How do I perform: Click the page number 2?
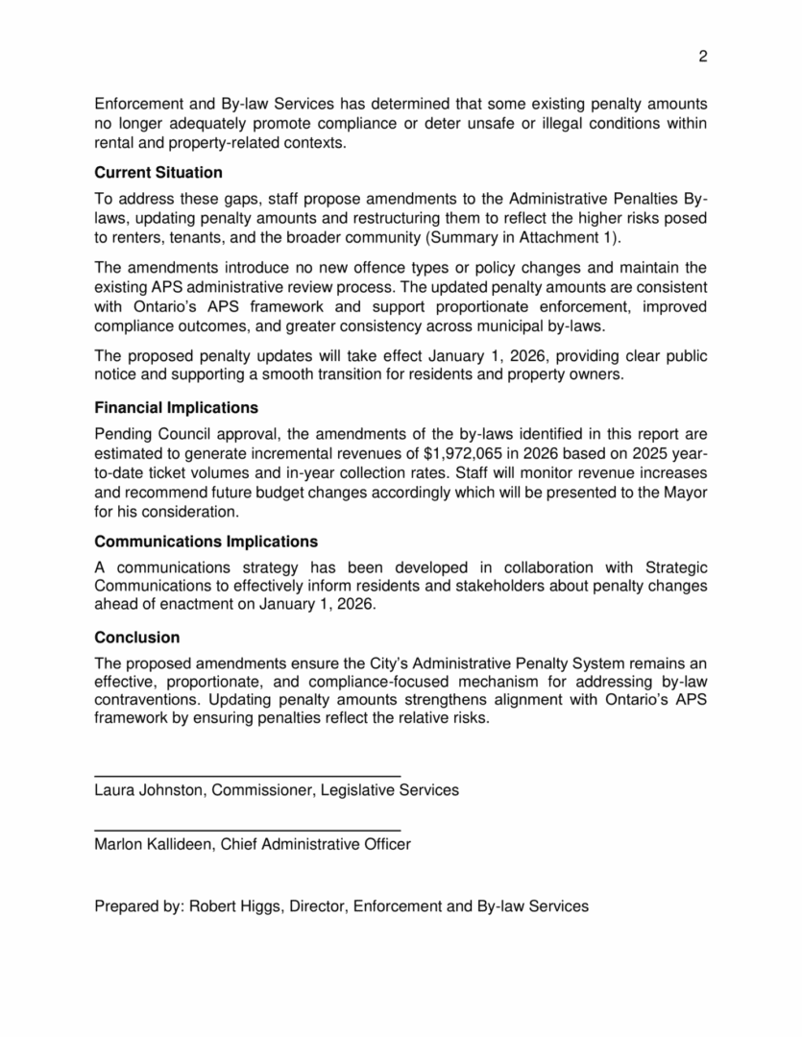702,57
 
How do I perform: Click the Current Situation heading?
158,173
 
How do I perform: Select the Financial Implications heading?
176,408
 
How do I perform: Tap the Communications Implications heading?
206,542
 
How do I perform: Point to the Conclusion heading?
137,638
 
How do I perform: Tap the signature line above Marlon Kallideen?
247,829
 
